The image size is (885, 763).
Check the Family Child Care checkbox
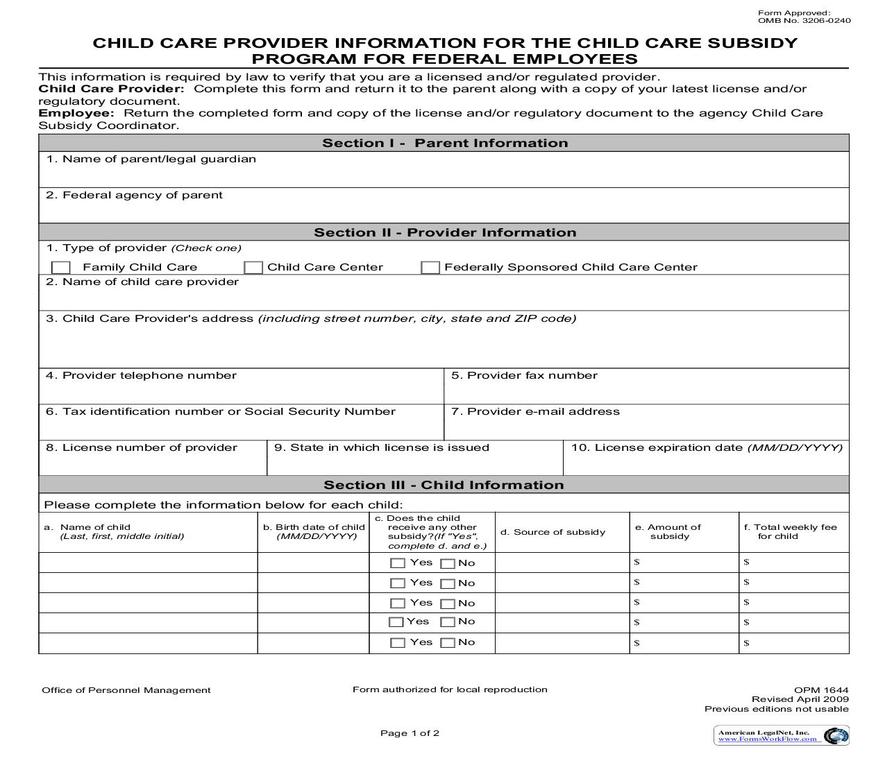click(61, 268)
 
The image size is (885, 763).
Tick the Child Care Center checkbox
click(253, 268)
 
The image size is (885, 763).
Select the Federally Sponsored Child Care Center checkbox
click(430, 268)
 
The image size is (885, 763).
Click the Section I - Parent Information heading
click(444, 143)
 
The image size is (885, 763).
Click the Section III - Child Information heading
click(444, 485)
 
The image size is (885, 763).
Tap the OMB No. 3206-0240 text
click(804, 21)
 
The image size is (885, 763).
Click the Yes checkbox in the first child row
click(398, 564)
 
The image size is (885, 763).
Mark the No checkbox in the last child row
click(448, 643)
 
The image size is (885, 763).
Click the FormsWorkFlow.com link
click(767, 739)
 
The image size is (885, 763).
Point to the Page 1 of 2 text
click(410, 733)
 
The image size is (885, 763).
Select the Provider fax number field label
click(524, 375)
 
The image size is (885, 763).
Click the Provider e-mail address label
click(535, 411)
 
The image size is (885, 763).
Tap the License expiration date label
click(707, 447)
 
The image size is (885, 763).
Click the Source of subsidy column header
click(553, 532)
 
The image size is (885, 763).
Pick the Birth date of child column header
click(314, 531)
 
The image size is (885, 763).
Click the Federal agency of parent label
click(135, 195)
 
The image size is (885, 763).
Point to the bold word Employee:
click(76, 113)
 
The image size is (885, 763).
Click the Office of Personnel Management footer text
click(126, 690)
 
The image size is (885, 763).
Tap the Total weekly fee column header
click(790, 531)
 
